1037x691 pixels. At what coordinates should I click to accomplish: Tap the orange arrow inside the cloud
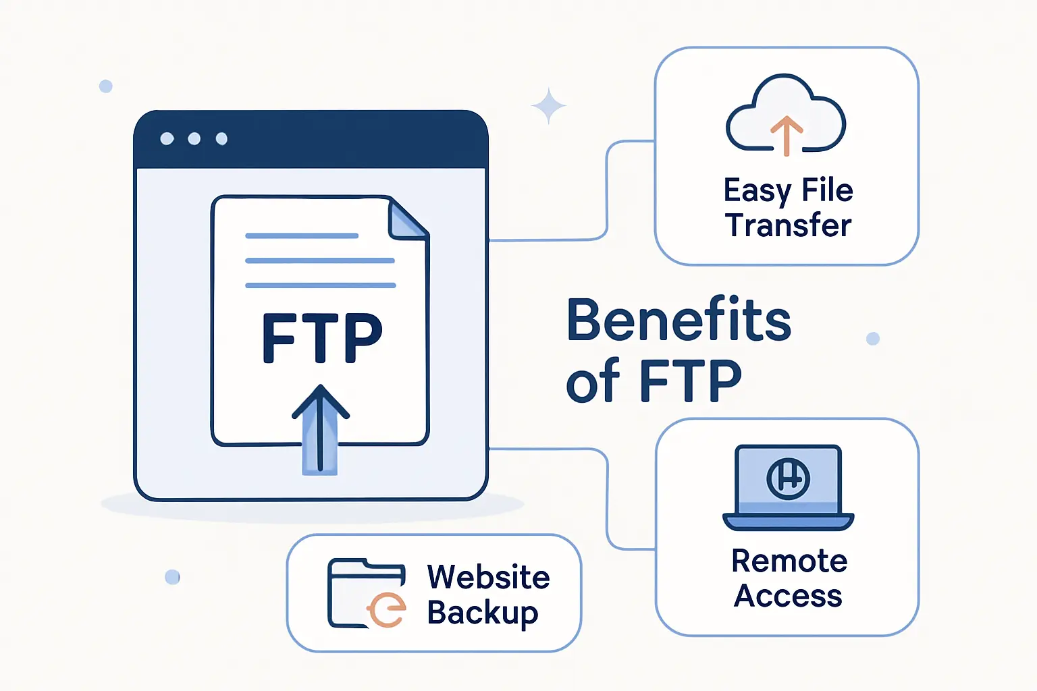click(786, 134)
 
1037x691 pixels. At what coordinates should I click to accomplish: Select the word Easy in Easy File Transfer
click(757, 192)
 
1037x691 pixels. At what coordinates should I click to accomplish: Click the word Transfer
click(789, 225)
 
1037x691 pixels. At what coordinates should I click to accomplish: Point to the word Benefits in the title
click(679, 320)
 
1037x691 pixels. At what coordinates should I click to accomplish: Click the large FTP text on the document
click(322, 338)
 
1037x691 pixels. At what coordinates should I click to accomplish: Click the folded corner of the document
click(407, 219)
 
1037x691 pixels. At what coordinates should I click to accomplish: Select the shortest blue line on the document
click(302, 236)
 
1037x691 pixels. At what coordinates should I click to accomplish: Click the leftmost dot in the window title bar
click(167, 139)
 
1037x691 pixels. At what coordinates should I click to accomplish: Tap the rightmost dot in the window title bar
click(221, 139)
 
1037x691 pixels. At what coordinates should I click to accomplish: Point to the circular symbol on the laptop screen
click(788, 478)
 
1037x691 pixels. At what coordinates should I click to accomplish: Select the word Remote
click(789, 561)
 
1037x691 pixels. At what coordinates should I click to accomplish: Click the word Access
click(788, 597)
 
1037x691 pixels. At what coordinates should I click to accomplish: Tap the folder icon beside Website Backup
click(367, 592)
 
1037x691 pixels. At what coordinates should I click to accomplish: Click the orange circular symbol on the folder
click(388, 610)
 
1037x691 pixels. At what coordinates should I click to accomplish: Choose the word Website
click(489, 578)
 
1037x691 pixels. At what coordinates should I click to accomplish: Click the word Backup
click(483, 613)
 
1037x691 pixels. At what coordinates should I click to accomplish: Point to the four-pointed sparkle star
click(548, 106)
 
